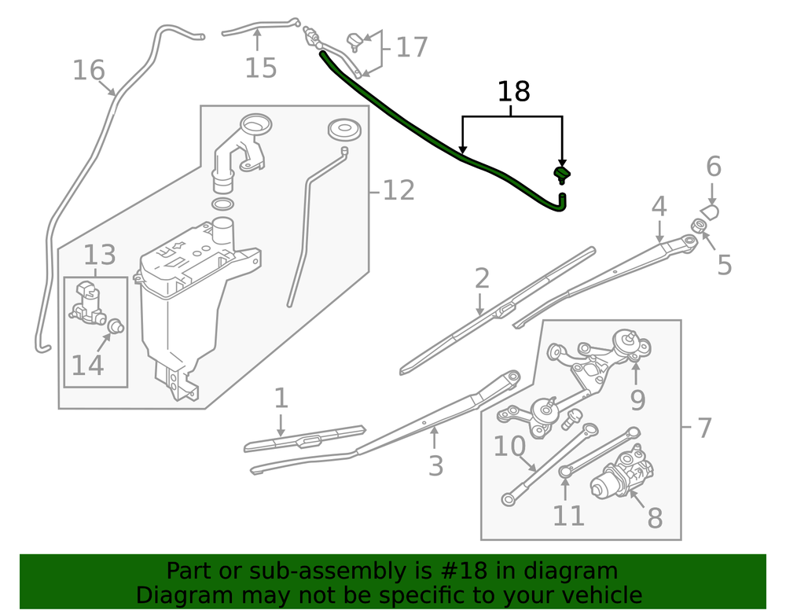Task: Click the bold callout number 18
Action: pyautogui.click(x=514, y=92)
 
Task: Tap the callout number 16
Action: pyautogui.click(x=88, y=71)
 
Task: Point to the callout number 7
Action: pyautogui.click(x=703, y=428)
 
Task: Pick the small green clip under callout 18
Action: pyautogui.click(x=562, y=174)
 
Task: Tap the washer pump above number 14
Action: pyautogui.click(x=87, y=303)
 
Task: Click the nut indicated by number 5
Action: pyautogui.click(x=698, y=226)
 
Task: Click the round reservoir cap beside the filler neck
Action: pyautogui.click(x=343, y=129)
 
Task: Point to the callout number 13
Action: pyautogui.click(x=100, y=255)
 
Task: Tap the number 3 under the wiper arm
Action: pyautogui.click(x=435, y=465)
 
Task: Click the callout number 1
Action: pyautogui.click(x=281, y=399)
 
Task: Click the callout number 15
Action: pyautogui.click(x=260, y=68)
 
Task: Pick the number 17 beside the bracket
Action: pyautogui.click(x=412, y=47)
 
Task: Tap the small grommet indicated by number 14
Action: pyautogui.click(x=117, y=324)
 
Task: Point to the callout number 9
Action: pyautogui.click(x=637, y=399)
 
